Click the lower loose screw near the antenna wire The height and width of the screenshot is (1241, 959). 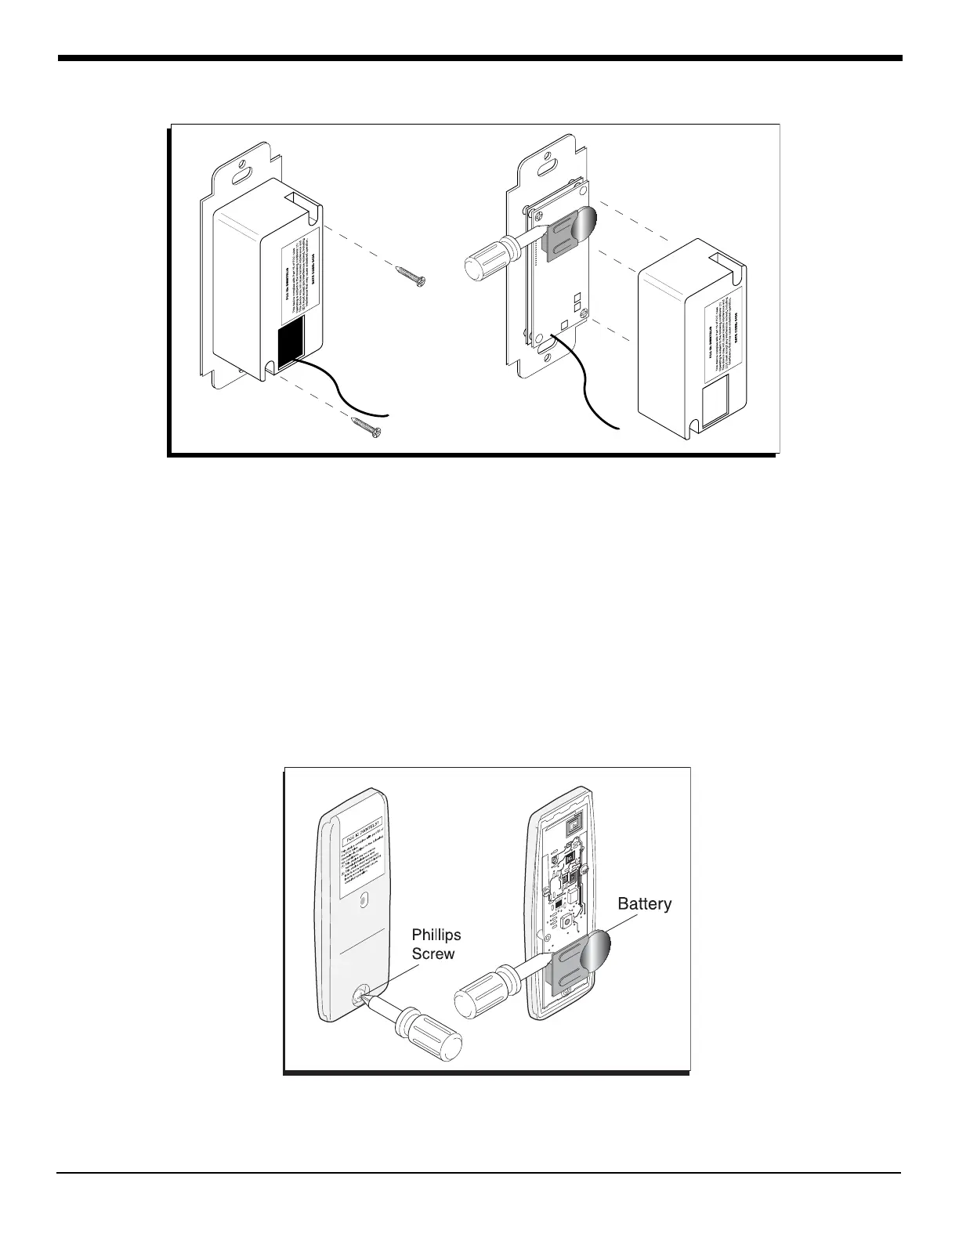pos(365,426)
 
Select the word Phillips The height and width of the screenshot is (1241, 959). pos(436,935)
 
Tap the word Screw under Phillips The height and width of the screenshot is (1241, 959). pos(433,953)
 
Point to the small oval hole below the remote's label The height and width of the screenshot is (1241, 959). pos(362,902)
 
